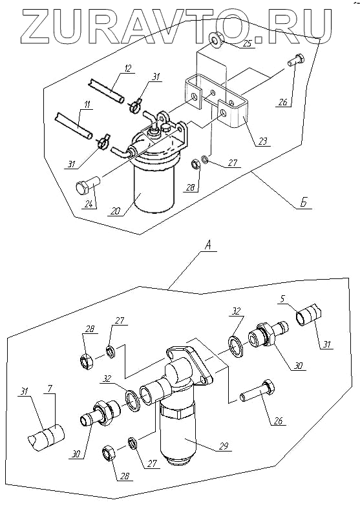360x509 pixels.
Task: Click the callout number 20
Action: [115, 211]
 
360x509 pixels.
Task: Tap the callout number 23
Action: [262, 141]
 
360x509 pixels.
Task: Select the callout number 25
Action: [248, 43]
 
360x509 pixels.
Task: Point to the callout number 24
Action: [89, 204]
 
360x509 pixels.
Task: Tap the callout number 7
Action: [49, 389]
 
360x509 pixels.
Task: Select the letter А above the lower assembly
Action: [208, 246]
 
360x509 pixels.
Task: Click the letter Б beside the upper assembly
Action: [304, 202]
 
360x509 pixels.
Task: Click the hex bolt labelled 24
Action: [87, 184]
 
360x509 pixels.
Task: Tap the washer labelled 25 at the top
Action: [215, 41]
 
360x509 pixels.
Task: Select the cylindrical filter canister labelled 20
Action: [154, 185]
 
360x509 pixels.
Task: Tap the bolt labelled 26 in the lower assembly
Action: [257, 391]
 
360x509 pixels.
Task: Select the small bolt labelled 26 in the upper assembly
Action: [295, 60]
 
